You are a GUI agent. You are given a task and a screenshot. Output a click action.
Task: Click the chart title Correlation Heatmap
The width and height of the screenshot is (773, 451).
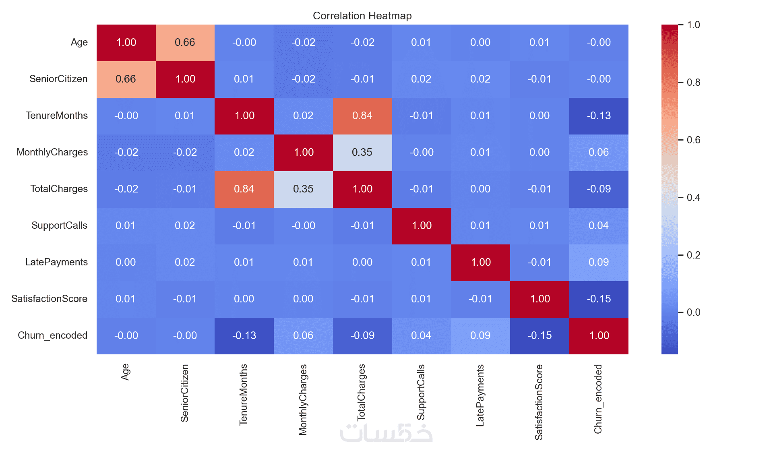(362, 16)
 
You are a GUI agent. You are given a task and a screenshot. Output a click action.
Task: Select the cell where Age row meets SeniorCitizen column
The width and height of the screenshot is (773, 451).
(185, 43)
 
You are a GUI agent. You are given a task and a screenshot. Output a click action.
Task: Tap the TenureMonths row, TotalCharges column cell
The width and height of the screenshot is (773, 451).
(362, 116)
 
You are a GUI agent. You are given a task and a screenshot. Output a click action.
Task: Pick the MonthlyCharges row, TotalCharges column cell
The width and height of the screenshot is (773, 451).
(362, 153)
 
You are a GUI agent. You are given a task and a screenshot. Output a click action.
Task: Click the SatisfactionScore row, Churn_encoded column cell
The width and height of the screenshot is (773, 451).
(599, 299)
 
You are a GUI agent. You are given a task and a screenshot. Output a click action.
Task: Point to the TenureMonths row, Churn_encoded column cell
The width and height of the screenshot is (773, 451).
(599, 116)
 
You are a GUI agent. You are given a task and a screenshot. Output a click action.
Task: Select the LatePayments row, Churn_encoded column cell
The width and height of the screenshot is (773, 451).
(599, 263)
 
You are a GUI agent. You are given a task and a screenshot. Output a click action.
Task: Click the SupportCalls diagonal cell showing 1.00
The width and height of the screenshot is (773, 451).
(422, 226)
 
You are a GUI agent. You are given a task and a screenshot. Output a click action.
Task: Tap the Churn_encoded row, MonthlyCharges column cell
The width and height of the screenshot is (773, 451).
(303, 336)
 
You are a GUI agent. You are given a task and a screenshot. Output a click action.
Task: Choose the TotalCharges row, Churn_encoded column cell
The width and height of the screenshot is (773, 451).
(599, 189)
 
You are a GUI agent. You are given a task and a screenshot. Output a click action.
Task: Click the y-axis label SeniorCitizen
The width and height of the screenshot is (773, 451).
(58, 79)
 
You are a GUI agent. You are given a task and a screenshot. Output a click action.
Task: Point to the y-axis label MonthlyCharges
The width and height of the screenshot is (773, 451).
(52, 152)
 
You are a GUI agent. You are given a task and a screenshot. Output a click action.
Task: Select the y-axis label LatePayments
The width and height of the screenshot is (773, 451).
(56, 262)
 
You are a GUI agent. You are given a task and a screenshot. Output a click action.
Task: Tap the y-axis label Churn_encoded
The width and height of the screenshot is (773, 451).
(52, 335)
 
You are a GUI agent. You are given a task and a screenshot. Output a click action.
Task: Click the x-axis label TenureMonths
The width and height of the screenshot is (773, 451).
(244, 395)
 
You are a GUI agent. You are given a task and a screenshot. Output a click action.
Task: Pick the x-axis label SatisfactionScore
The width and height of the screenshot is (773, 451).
(539, 402)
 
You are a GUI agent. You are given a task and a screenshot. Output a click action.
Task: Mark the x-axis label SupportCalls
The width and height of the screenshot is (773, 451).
(421, 392)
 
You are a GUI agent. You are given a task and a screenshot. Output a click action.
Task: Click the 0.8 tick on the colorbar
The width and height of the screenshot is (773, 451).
(681, 83)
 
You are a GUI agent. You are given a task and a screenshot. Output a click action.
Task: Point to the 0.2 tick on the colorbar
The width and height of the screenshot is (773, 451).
(681, 255)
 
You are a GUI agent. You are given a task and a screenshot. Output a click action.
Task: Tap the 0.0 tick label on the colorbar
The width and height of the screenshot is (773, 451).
(693, 312)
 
